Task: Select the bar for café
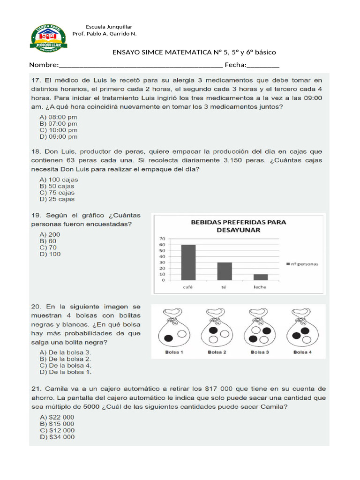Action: click(x=188, y=262)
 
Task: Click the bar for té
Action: click(x=225, y=271)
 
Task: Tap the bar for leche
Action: click(x=261, y=277)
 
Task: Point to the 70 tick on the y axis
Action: click(x=163, y=239)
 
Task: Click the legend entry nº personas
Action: click(x=302, y=264)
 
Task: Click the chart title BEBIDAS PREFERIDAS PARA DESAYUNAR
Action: click(x=238, y=226)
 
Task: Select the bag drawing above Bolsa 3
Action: click(x=259, y=328)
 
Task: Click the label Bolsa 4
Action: click(x=302, y=352)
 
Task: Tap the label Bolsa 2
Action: click(x=217, y=352)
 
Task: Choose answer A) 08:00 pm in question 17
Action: click(x=59, y=117)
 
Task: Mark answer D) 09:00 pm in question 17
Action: click(x=59, y=137)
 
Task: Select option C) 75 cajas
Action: click(x=57, y=193)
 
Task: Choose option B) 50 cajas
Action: click(x=57, y=186)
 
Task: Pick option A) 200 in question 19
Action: click(x=50, y=234)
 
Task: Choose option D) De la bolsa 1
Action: click(x=66, y=372)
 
